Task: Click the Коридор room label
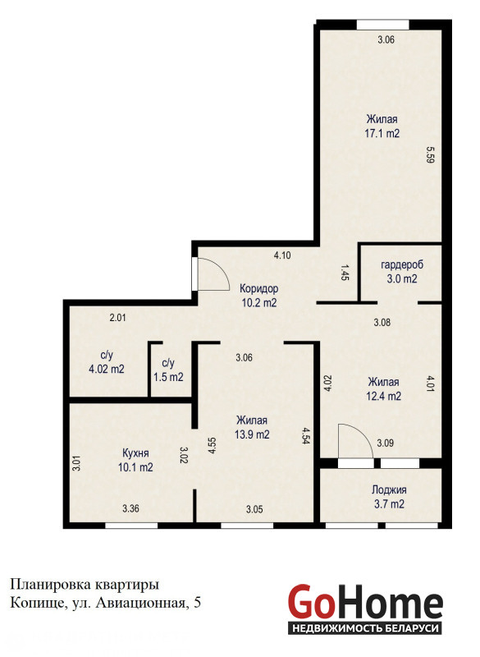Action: coord(258,289)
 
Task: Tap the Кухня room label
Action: coord(135,453)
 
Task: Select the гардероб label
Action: coord(402,264)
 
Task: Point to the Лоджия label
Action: coord(389,489)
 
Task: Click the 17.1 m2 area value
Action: coord(382,134)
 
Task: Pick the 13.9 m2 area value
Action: coord(252,434)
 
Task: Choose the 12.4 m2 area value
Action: coord(384,396)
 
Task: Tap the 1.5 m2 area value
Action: coord(168,377)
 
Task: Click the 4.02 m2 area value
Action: coord(107,369)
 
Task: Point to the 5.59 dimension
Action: coord(430,154)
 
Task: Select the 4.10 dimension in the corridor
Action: coord(282,255)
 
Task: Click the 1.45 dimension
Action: coord(345,272)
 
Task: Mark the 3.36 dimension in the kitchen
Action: coord(130,508)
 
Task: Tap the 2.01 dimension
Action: coord(117,318)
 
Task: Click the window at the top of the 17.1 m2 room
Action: coord(382,25)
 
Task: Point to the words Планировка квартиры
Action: coord(85,585)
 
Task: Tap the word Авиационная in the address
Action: coord(140,603)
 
